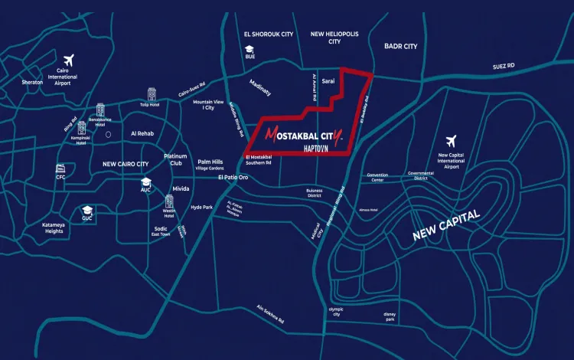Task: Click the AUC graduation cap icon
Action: [145, 181]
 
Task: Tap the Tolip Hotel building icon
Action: [152, 93]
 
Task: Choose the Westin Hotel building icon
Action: [168, 202]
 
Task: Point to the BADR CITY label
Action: [400, 47]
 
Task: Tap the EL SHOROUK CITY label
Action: [268, 34]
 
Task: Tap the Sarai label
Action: [328, 80]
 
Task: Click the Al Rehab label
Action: [143, 133]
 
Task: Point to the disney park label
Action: [390, 317]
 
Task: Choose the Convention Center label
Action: [377, 178]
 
